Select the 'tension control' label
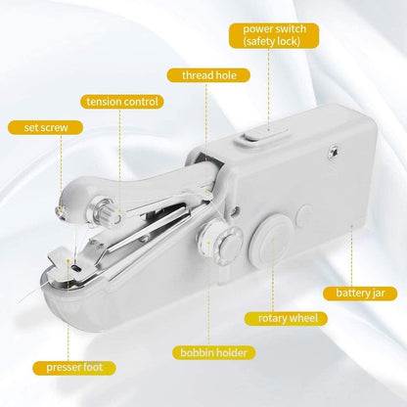[122, 101]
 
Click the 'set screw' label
[39, 126]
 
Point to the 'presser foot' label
[69, 368]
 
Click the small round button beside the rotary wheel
[302, 211]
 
